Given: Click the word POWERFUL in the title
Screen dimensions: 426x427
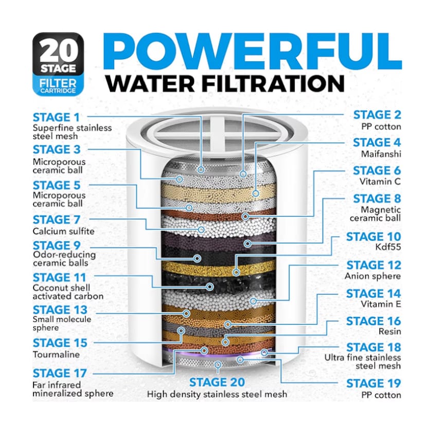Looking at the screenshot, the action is (253, 52).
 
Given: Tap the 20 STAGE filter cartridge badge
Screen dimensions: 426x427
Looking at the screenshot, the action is (58, 64).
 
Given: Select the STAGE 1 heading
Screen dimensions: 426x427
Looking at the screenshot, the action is (56, 117).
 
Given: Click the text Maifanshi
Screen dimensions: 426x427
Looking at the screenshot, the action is (381, 154).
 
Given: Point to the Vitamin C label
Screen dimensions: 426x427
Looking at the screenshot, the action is (380, 182).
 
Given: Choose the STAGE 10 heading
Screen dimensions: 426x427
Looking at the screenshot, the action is (374, 237).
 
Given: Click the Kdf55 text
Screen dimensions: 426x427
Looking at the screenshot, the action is (388, 247).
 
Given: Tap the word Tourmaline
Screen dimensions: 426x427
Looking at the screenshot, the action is (56, 354).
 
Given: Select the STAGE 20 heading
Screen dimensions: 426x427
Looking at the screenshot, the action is (217, 382).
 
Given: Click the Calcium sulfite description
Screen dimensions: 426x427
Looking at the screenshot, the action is (63, 231).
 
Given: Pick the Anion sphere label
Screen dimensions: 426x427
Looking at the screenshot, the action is (373, 276).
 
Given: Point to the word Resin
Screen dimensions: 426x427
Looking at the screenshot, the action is (390, 331).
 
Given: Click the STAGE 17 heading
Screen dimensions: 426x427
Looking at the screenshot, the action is (60, 373).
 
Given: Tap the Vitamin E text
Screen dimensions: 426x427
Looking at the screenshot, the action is (381, 304).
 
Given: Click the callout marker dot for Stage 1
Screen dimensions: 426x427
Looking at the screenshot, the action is (201, 170).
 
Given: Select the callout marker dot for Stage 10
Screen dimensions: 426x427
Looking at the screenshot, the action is (236, 272).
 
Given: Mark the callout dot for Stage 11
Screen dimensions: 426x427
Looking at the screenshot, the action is (210, 287).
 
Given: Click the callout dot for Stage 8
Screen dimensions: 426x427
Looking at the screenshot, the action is (247, 243).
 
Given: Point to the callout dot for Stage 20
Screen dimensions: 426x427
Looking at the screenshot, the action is (218, 365).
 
